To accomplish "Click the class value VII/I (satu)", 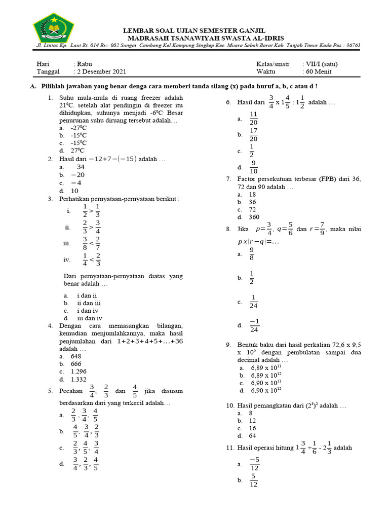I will click(x=320, y=64).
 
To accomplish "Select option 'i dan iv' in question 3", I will click(x=88, y=310).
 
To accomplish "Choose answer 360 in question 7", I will click(x=254, y=217).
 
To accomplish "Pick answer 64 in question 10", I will click(x=252, y=436).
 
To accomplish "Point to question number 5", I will click(x=50, y=391).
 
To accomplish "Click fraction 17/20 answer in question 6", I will click(x=254, y=135).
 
